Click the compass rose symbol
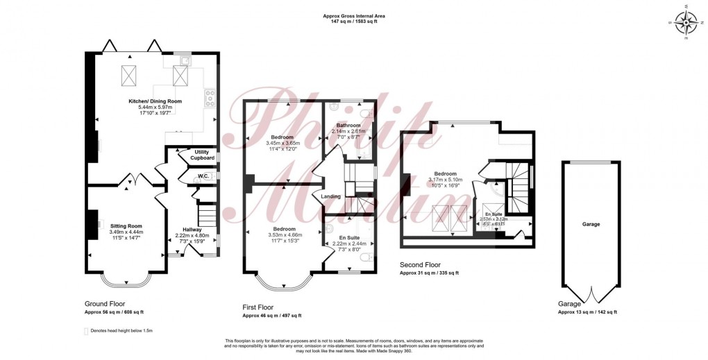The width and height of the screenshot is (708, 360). point(686,23)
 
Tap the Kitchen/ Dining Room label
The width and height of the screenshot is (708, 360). point(155,101)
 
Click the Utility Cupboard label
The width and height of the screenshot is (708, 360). point(202,155)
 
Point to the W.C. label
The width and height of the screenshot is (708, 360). point(203,176)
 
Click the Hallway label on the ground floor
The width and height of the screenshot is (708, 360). point(192,230)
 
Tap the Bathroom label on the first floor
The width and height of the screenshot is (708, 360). point(348,126)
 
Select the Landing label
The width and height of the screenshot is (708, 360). point(331,196)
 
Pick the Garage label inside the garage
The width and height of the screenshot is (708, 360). point(591,224)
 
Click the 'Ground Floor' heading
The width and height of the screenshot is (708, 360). point(104,304)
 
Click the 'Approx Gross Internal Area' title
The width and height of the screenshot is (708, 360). point(353,15)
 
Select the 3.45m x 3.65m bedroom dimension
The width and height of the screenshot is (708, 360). point(282,143)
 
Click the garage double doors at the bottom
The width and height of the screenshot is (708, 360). point(591,295)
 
